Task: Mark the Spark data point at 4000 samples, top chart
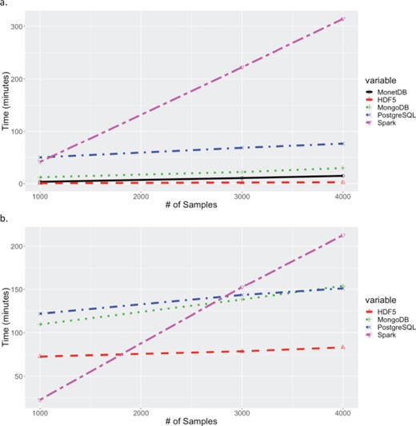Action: point(342,18)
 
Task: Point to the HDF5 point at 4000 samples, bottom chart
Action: point(342,347)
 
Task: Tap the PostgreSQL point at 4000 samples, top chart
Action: point(342,143)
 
